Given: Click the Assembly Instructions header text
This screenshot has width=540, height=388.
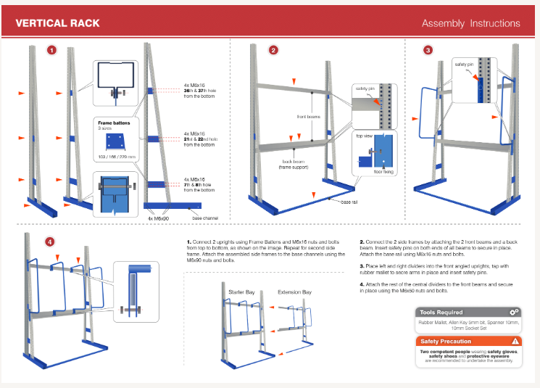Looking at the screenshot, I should click(470, 23).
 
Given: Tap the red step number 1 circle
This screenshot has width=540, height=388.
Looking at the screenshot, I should click(51, 50).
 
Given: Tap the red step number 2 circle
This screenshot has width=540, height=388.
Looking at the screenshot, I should click(273, 50).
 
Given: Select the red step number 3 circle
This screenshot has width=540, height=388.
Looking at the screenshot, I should click(428, 50).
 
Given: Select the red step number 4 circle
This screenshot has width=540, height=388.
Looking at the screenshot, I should click(49, 242).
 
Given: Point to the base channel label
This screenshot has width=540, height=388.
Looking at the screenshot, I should click(206, 217).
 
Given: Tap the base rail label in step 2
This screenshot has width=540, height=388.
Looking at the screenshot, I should click(351, 202).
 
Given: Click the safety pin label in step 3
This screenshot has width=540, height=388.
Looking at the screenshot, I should click(465, 65).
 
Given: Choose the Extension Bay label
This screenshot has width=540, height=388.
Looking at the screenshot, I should click(295, 292).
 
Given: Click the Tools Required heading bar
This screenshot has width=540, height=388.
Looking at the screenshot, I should click(468, 312).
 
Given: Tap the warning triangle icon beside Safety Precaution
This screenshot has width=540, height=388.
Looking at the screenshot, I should click(515, 341).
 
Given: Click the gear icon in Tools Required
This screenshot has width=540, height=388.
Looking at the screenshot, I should click(515, 312).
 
